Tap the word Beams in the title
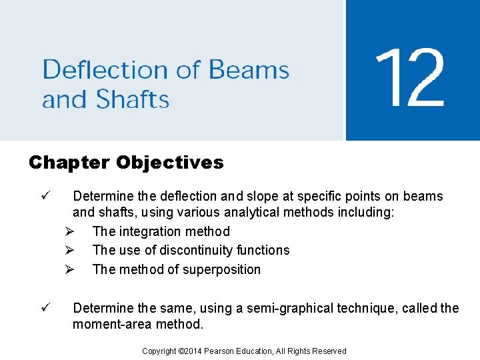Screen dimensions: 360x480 249,70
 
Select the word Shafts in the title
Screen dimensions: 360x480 132,100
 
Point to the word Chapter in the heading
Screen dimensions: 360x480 69,163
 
